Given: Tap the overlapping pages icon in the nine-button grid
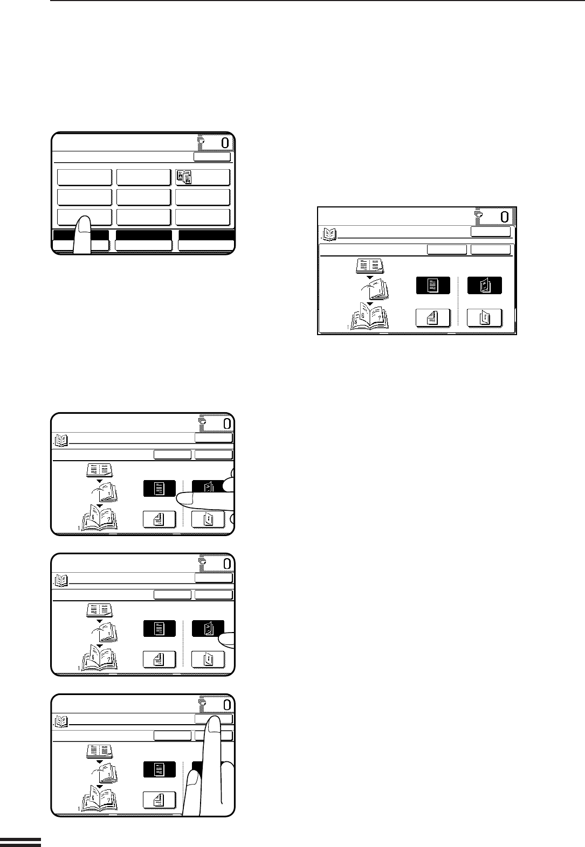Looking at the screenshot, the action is [x=184, y=177].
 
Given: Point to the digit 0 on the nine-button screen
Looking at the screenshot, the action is [x=225, y=143].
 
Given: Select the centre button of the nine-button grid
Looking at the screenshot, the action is [x=143, y=197].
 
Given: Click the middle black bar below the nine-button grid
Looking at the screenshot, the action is [x=144, y=235].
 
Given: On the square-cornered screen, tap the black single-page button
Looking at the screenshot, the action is [x=433, y=285].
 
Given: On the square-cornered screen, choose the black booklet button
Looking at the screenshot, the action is [x=485, y=285].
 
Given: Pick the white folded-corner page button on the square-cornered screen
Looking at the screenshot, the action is [x=433, y=318].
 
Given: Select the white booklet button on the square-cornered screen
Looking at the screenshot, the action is [x=485, y=318].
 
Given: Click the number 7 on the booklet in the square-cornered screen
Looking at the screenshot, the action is [x=380, y=318].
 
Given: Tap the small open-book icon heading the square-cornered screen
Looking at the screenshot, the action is [x=329, y=234].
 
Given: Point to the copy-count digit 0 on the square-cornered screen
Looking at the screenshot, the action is [x=505, y=217].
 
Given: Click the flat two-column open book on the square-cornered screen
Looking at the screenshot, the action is [x=370, y=266].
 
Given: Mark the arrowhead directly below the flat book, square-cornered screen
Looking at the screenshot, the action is [x=370, y=277].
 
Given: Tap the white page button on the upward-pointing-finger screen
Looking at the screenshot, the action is [x=159, y=800].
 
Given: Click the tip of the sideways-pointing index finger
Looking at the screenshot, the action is [x=177, y=499].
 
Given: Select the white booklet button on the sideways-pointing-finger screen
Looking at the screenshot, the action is [x=208, y=519].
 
